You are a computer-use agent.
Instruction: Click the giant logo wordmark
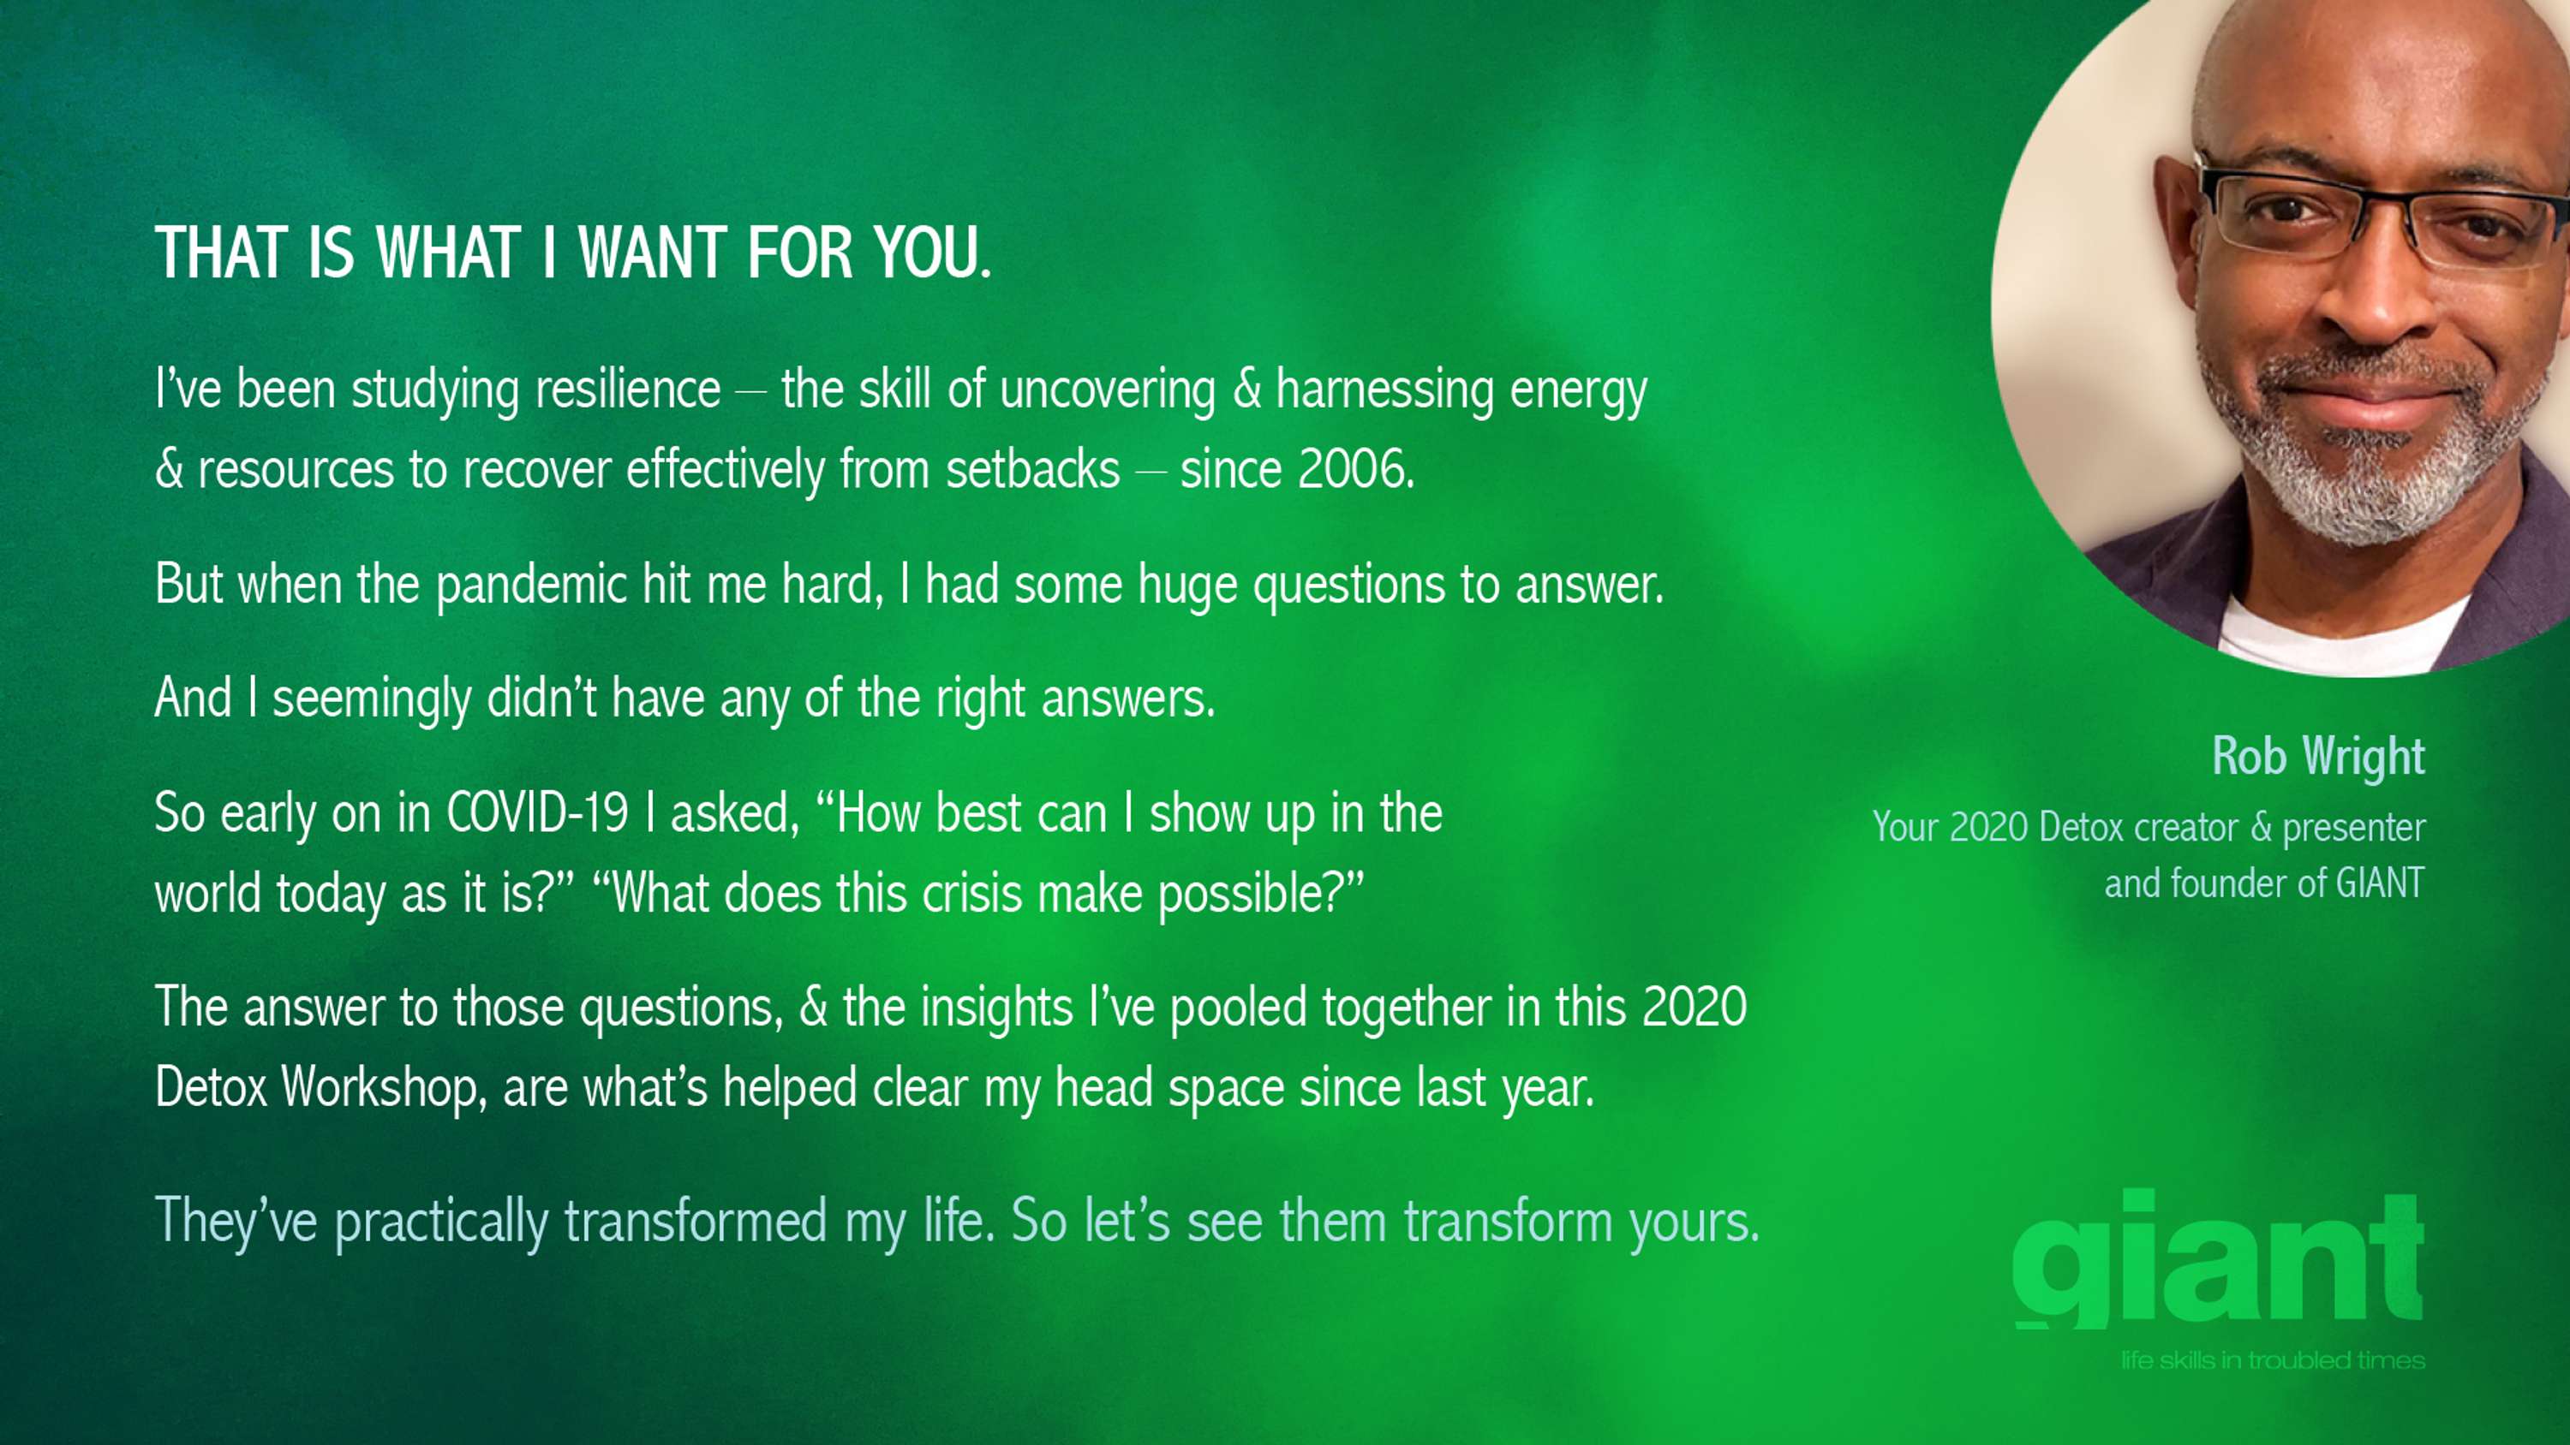[2219, 1259]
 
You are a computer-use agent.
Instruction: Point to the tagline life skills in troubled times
[2273, 1360]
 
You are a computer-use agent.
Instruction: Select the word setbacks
[1032, 469]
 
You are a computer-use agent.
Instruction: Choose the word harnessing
[1384, 389]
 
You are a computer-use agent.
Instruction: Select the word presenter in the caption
[2354, 829]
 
